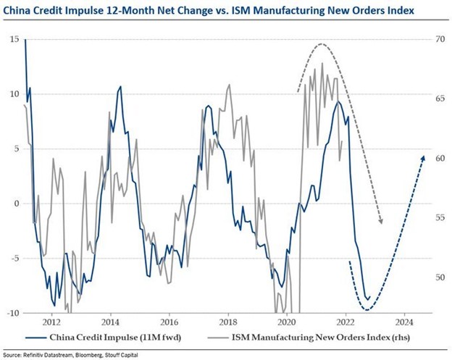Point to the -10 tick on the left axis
(x=14, y=313)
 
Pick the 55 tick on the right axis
(x=435, y=217)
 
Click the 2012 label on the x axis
(x=51, y=322)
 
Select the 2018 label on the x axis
(x=228, y=322)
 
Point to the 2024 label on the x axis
(x=405, y=322)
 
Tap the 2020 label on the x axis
(x=287, y=322)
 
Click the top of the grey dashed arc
(x=322, y=45)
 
